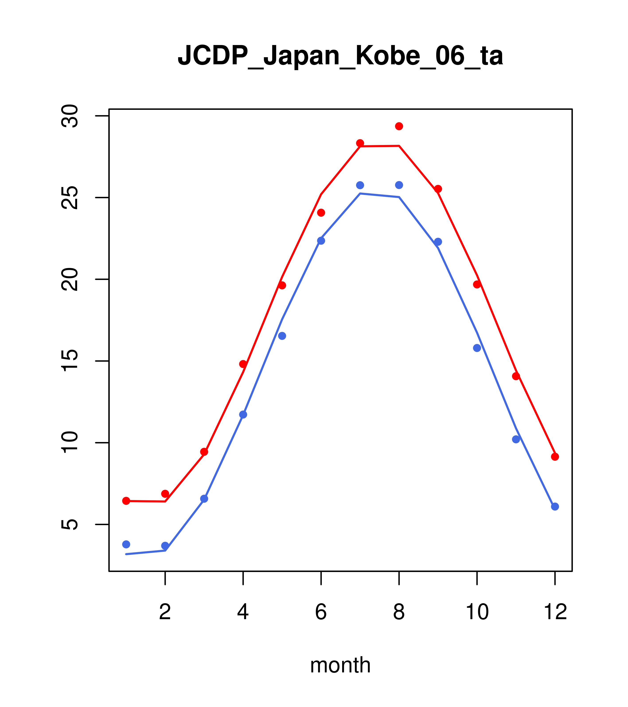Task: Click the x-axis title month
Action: (340, 665)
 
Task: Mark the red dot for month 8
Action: (399, 126)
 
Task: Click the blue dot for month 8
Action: (399, 185)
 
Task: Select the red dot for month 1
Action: (126, 501)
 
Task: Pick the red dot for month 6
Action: (321, 213)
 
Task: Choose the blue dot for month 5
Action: (282, 336)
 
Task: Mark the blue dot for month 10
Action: (477, 348)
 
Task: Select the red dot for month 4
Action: (243, 364)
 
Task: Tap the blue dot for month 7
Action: (360, 185)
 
